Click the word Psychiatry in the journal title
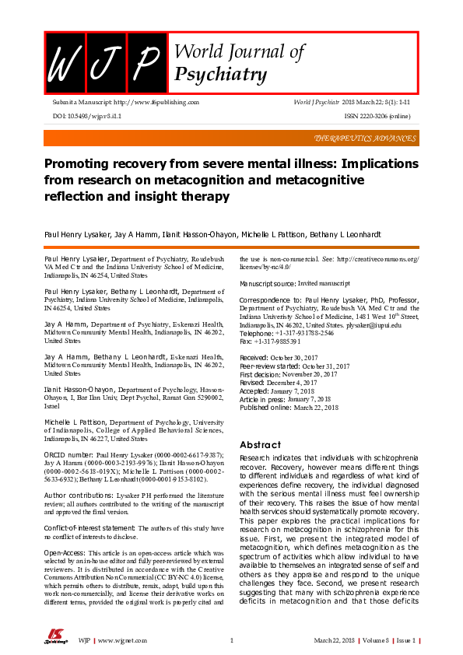pyautogui.click(x=222, y=75)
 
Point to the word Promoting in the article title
pyautogui.click(x=75, y=165)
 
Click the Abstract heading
pyautogui.click(x=260, y=445)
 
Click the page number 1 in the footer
pyautogui.click(x=232, y=641)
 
